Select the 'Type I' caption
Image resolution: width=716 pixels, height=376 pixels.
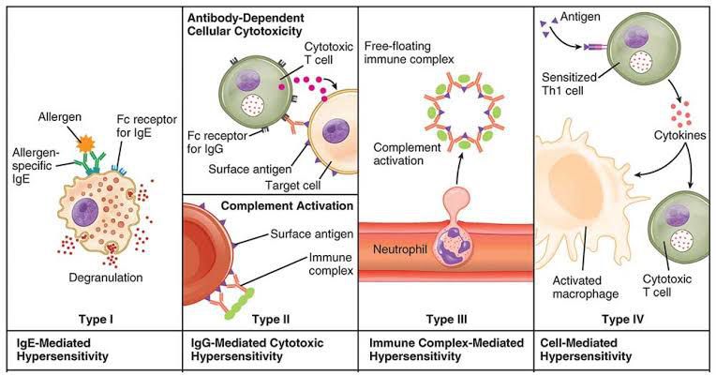[x=97, y=318]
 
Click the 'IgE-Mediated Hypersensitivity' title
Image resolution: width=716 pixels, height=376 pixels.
[x=64, y=349]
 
